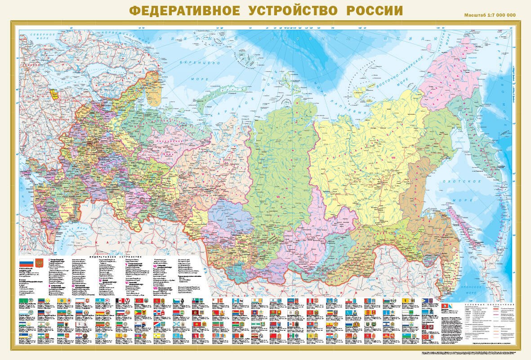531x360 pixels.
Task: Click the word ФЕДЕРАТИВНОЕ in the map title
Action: pos(184,11)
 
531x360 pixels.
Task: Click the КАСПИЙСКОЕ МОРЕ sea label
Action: pos(67,234)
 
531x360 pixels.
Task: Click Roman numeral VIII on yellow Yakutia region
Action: pos(393,158)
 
